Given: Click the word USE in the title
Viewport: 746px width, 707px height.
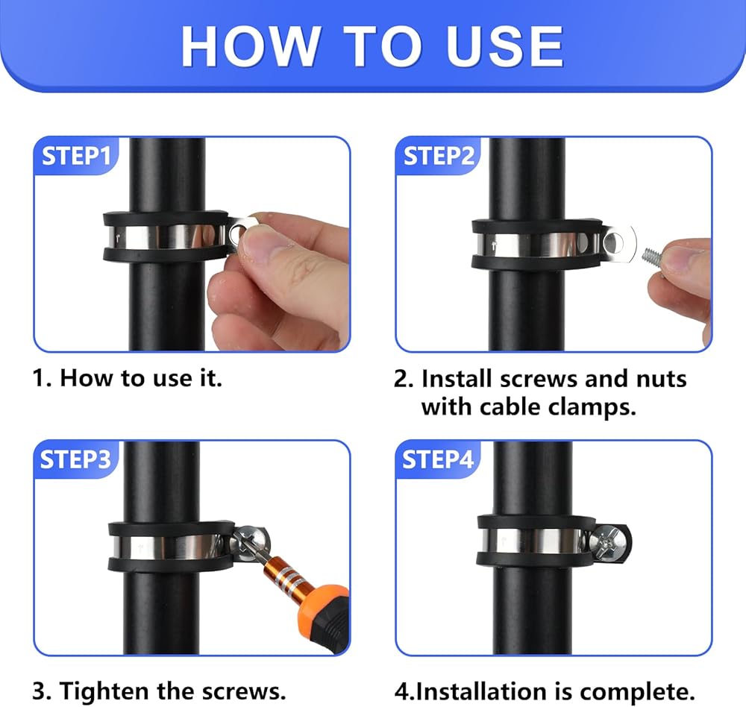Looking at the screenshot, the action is click(505, 46).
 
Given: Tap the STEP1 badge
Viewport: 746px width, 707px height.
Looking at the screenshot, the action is click(76, 156).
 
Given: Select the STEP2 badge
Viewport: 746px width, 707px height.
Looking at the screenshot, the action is click(438, 156).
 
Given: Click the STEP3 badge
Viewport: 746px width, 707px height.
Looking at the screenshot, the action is click(75, 459).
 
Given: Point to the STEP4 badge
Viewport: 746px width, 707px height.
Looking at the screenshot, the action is click(438, 459).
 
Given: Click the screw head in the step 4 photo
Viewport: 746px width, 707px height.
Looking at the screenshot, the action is click(606, 541).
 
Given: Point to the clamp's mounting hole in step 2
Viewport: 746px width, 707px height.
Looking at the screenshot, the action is click(613, 243).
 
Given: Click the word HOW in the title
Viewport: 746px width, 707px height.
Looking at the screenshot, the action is click(250, 46).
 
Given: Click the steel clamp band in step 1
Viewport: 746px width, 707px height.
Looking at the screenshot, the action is click(167, 237).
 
